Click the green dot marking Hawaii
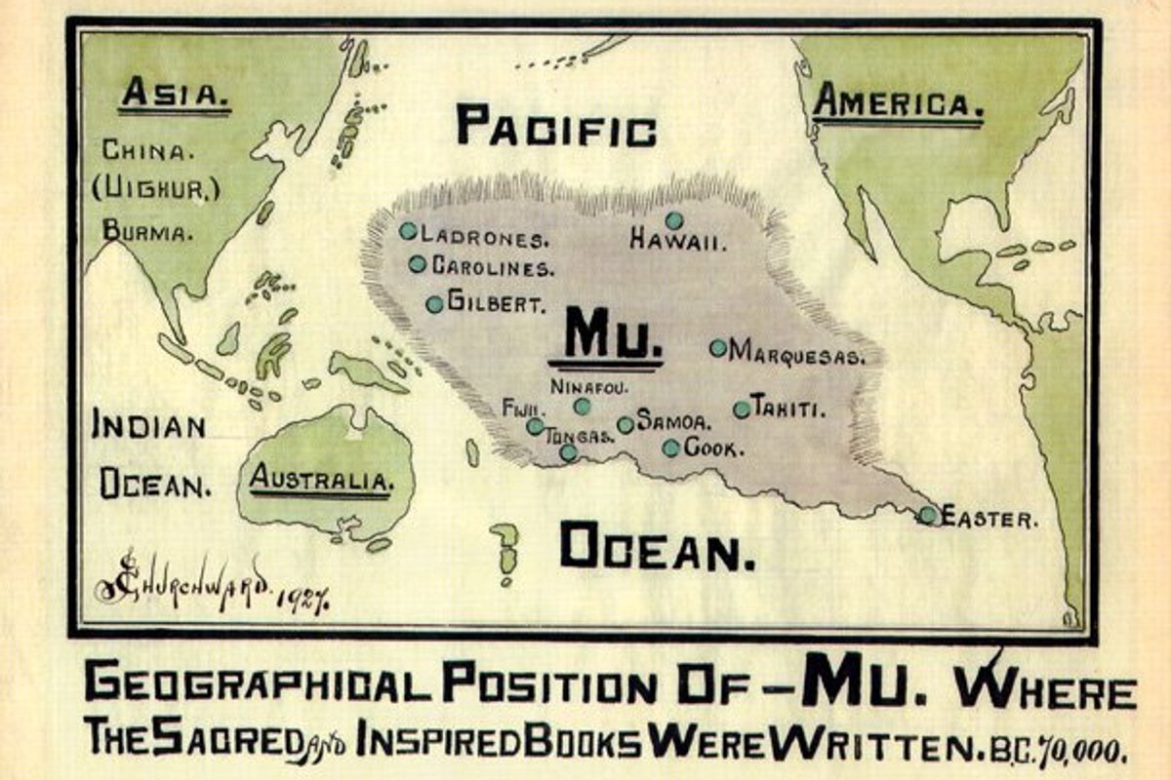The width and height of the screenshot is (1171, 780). (673, 220)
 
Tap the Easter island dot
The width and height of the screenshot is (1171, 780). (927, 515)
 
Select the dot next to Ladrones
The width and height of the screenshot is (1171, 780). (408, 231)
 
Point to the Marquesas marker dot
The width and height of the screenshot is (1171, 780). (718, 347)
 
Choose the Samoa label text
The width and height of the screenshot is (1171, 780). (673, 421)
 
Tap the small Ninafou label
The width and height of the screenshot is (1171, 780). (583, 386)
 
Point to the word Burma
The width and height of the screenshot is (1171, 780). (148, 232)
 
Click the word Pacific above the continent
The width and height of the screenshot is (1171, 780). (556, 128)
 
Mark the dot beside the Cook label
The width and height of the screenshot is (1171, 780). (671, 448)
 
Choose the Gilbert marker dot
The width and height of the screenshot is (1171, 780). (434, 304)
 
